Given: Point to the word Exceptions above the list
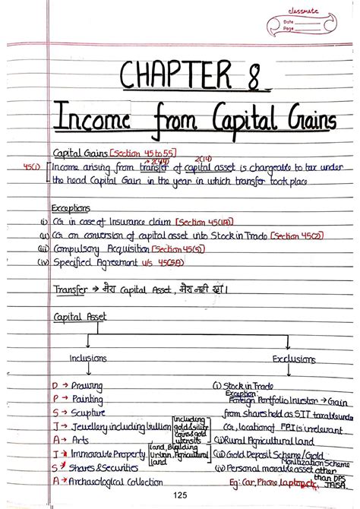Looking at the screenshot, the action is tap(71, 207).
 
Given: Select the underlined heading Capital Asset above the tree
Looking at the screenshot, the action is tap(81, 317).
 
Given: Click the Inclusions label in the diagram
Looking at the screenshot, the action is tap(88, 357).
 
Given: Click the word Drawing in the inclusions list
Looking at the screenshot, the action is tap(87, 387).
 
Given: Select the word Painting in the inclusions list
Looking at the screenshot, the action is tap(87, 400).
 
